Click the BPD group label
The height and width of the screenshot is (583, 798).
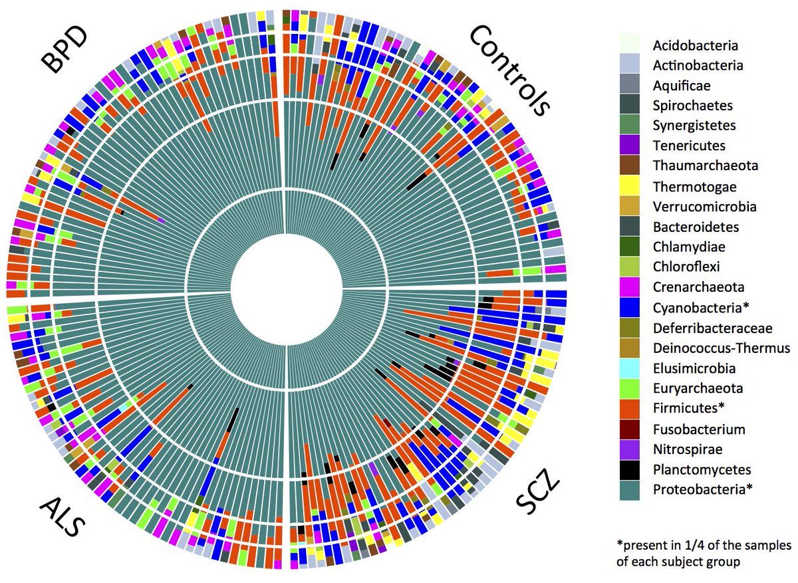click(64, 49)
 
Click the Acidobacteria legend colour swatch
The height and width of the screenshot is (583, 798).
click(630, 43)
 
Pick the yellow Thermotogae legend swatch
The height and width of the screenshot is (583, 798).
click(630, 185)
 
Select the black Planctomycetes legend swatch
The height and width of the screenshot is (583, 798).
click(630, 470)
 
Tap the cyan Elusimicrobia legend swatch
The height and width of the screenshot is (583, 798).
click(630, 368)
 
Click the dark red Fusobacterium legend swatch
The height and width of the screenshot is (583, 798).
click(630, 429)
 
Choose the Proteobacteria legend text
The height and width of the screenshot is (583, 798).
click(703, 489)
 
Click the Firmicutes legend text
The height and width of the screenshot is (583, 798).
click(689, 408)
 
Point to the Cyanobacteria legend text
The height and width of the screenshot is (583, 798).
click(701, 308)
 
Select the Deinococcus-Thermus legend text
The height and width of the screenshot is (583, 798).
click(722, 348)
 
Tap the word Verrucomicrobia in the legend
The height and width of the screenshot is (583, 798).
click(705, 207)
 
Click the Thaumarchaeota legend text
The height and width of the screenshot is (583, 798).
click(706, 166)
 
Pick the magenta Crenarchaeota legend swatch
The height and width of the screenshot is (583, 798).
click(630, 287)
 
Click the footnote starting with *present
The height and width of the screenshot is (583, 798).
click(704, 554)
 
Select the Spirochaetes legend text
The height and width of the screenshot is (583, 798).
click(692, 106)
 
